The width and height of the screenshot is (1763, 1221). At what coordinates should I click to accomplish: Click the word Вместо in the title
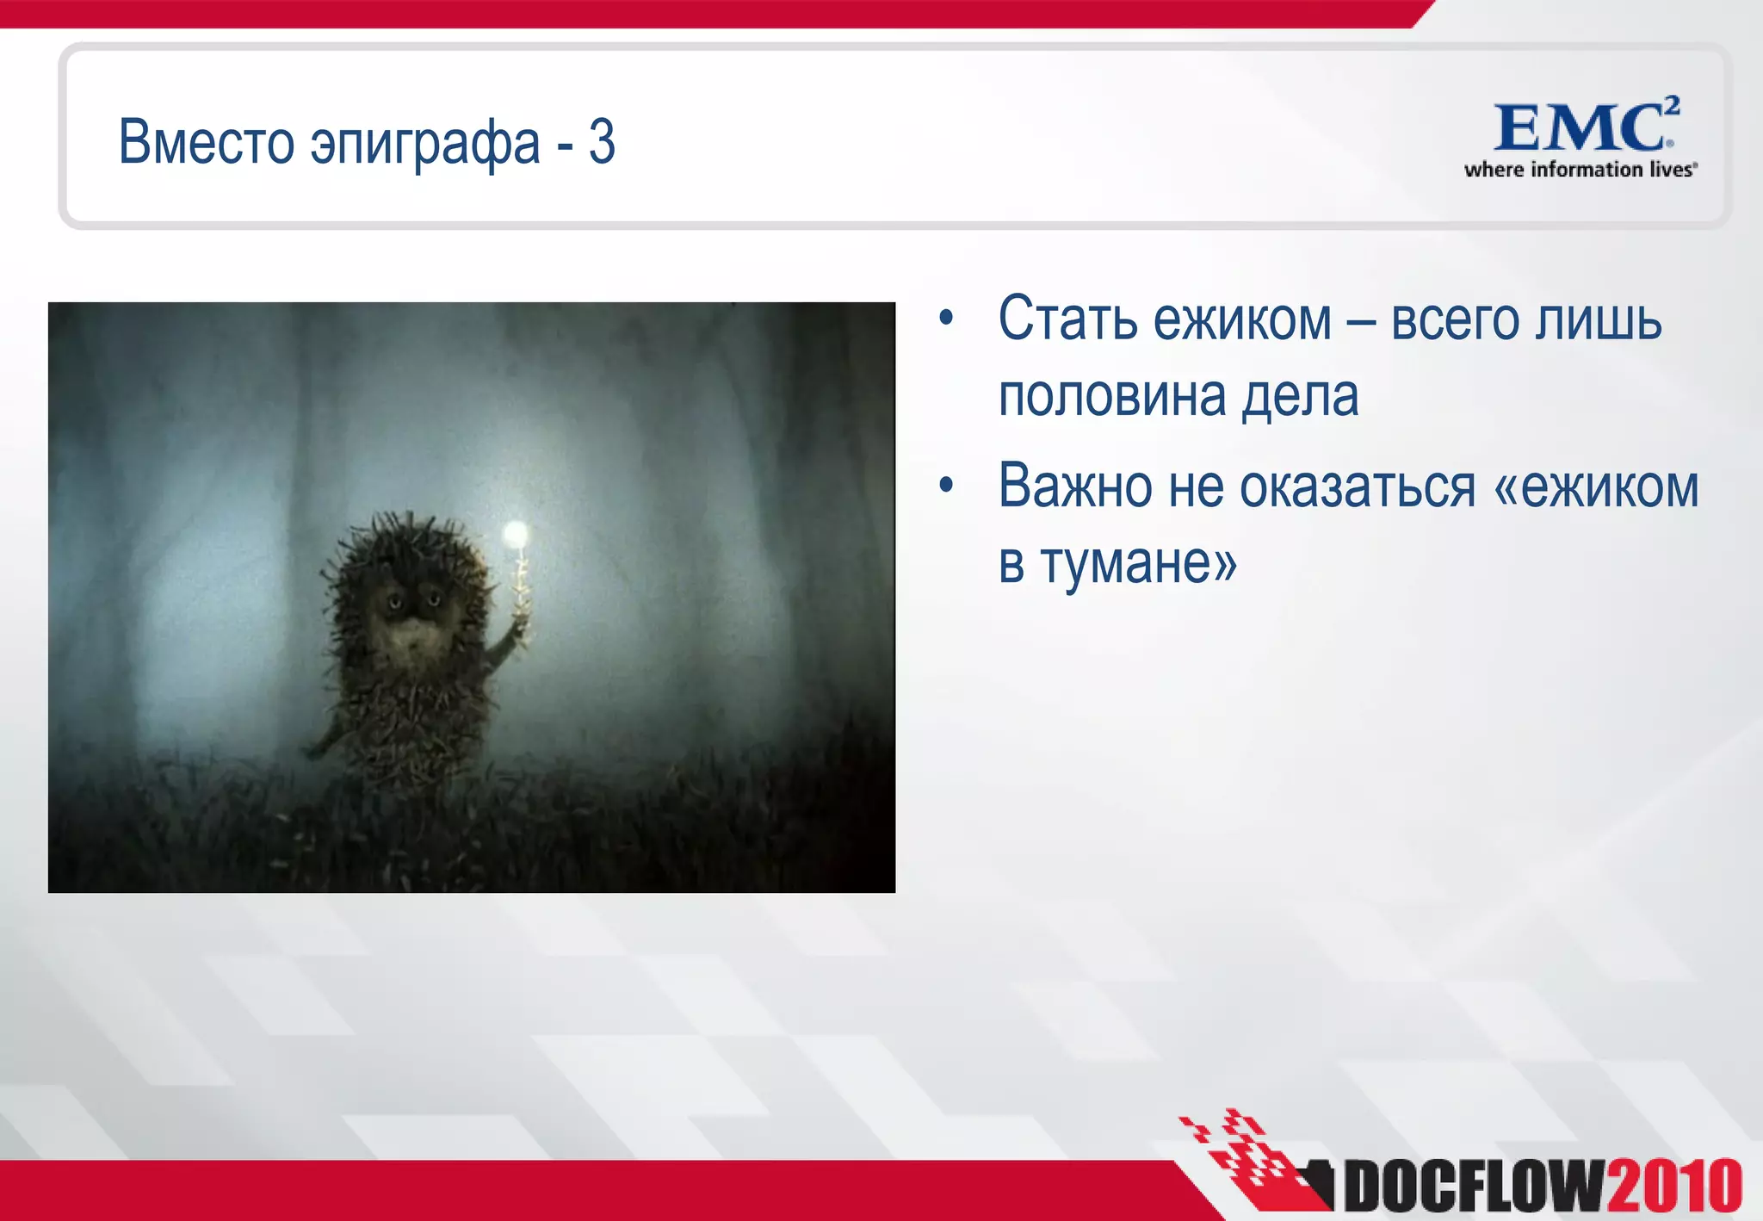pos(207,142)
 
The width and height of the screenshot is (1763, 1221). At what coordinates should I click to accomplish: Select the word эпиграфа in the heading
pos(425,144)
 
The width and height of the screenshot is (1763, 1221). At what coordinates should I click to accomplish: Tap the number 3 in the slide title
pos(602,142)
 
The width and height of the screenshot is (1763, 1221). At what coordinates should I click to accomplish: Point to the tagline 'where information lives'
pos(1581,170)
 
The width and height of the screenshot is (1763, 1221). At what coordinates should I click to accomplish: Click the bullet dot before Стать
pos(947,319)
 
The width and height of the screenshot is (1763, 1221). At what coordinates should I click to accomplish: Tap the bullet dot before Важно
pos(947,486)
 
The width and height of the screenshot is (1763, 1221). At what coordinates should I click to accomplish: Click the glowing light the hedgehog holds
pos(516,535)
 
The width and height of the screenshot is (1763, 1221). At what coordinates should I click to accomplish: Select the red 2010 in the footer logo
pos(1673,1187)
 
